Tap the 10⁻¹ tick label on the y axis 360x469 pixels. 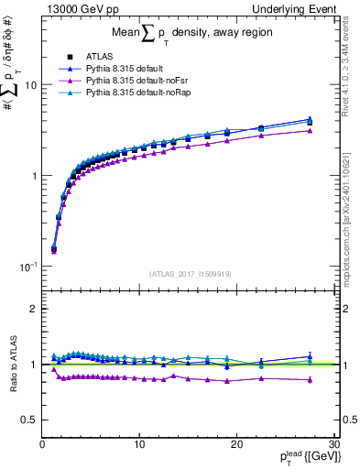point(27,266)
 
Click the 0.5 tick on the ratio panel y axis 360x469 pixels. point(28,420)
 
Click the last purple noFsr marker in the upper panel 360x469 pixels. point(311,131)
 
